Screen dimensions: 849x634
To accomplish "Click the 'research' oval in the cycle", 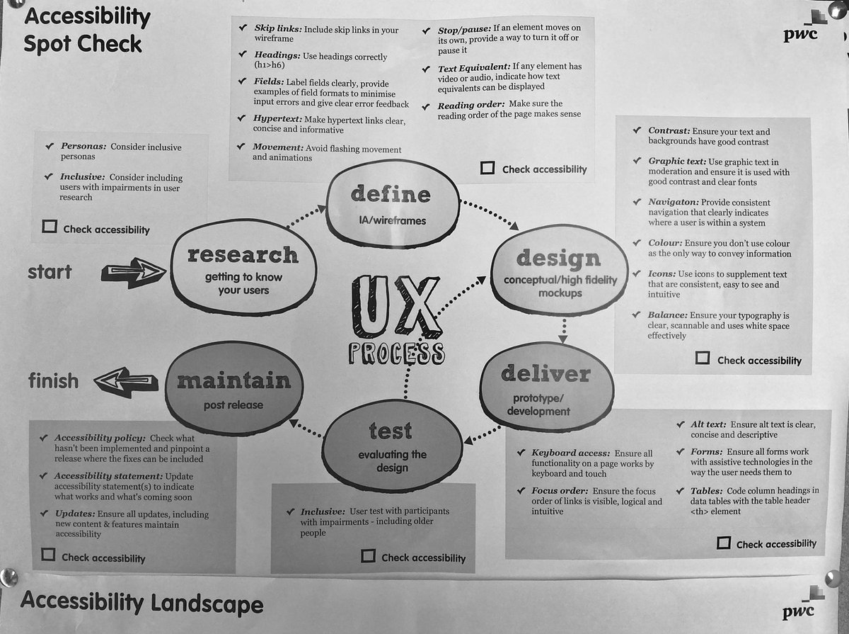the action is [243, 266].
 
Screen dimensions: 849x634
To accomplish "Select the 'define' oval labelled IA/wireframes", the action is [393, 204].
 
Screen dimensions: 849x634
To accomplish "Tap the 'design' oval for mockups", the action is [560, 271].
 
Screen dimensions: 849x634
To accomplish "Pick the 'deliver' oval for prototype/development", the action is [546, 387].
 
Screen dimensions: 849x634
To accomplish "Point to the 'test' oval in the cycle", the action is [392, 446].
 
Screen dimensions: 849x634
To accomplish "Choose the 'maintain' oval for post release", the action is [234, 388].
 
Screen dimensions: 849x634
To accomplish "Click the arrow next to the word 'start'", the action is [134, 272].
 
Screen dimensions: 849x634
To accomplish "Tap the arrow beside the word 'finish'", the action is [126, 382].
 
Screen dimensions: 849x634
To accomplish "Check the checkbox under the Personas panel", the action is [50, 227].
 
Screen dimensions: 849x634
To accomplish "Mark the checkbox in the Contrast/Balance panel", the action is [703, 358].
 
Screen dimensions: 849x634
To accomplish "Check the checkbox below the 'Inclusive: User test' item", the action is [368, 556].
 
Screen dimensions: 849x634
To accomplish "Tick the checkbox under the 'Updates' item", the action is [48, 555].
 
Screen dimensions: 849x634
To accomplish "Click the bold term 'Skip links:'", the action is [278, 28].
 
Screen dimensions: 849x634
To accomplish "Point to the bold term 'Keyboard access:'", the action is [570, 453].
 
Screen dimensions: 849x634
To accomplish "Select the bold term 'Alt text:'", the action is [708, 424].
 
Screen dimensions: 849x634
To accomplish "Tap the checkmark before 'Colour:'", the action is [637, 242].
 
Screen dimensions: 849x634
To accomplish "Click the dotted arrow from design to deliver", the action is [563, 331].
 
